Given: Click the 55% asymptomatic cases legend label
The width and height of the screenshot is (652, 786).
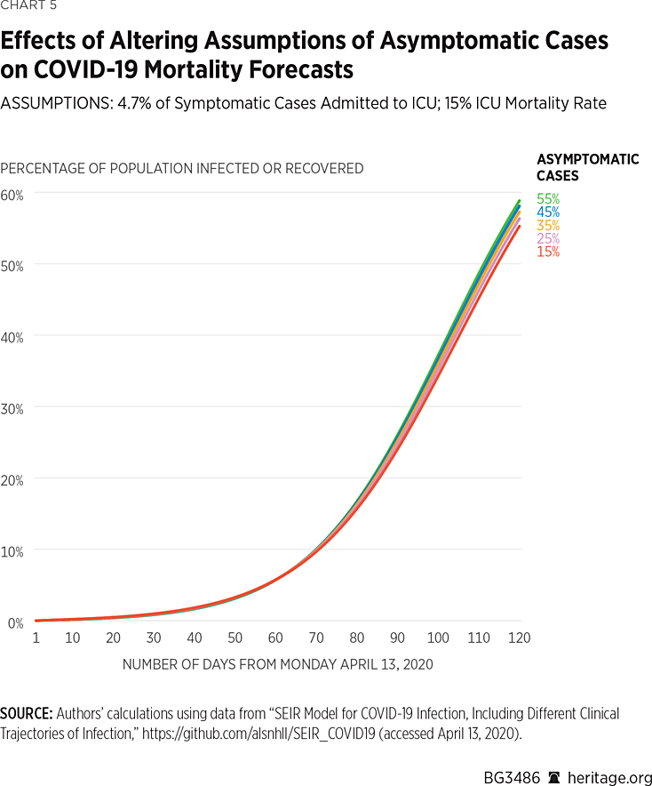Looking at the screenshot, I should coord(547,199).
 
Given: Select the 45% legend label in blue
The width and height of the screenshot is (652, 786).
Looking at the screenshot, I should coord(547,213).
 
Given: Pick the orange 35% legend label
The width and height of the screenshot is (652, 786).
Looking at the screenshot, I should coord(547,226).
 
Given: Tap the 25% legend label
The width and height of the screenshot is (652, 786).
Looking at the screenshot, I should coord(547,238).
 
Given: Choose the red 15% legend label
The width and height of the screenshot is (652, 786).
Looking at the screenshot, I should coord(547,252).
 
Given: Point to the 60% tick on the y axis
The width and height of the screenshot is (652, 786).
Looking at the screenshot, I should coord(12,194).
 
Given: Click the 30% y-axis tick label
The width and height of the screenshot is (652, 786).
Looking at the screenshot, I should coord(12,408).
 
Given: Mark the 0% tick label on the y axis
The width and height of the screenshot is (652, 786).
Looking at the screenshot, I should coord(12,622).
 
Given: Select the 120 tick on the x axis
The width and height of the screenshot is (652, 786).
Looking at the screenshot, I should coord(519,638).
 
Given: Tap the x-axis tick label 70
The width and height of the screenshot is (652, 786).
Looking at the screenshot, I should coord(317,638).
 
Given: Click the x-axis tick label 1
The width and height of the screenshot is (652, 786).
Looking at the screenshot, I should coord(36,638).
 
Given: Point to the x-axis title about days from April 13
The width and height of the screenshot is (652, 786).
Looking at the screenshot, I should coord(277,664).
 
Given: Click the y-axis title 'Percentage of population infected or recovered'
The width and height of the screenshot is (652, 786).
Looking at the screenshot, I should coord(182,168).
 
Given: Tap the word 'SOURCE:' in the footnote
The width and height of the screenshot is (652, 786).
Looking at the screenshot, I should coord(27,714).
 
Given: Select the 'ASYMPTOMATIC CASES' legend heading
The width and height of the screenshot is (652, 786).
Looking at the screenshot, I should coord(587,167).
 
